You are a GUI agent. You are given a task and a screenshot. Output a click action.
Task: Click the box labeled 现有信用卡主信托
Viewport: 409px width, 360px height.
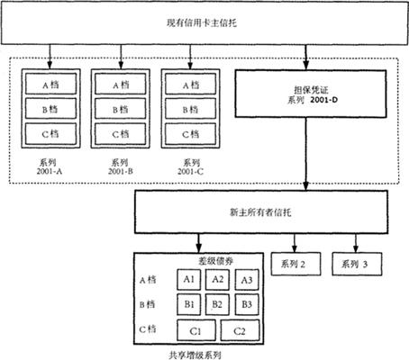click(x=204, y=22)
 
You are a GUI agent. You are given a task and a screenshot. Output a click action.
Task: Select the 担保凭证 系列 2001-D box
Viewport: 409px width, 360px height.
click(x=311, y=94)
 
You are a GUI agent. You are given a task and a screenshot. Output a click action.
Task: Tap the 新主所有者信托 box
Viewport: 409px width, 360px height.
click(x=261, y=211)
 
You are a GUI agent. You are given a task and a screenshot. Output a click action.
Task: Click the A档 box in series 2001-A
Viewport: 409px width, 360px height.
click(x=50, y=84)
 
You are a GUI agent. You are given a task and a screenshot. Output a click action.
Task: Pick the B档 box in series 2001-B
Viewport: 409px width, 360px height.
click(x=121, y=109)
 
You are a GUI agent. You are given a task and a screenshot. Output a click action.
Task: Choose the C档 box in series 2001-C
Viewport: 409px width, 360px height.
click(x=190, y=134)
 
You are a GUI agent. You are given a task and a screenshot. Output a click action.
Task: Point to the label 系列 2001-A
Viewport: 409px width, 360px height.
click(x=49, y=166)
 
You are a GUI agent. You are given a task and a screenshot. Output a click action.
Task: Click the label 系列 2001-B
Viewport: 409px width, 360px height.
click(x=121, y=166)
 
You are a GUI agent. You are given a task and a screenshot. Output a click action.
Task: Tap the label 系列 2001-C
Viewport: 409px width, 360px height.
click(x=190, y=166)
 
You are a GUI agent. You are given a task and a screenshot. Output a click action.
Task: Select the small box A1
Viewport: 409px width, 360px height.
click(x=189, y=280)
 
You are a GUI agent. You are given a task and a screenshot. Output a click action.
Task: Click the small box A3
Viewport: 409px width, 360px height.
click(x=247, y=280)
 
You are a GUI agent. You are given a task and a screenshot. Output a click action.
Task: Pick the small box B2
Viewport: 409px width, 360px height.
click(x=217, y=304)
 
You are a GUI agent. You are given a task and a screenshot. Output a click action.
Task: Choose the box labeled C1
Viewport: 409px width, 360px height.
click(x=196, y=330)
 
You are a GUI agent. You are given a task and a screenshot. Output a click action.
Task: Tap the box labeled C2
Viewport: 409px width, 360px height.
click(x=240, y=330)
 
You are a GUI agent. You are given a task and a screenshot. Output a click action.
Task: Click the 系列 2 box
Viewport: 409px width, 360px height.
click(x=295, y=264)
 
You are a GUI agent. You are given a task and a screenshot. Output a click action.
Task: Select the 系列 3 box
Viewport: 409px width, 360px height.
click(x=357, y=264)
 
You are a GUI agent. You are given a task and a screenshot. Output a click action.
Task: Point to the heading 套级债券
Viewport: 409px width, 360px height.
click(x=216, y=261)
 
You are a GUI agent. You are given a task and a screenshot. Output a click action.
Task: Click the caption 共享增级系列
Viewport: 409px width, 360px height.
click(x=195, y=355)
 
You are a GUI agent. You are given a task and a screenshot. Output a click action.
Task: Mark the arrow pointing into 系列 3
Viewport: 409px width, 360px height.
click(x=356, y=243)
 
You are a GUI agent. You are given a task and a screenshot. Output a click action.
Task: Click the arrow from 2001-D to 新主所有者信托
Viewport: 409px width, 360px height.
click(x=306, y=154)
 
